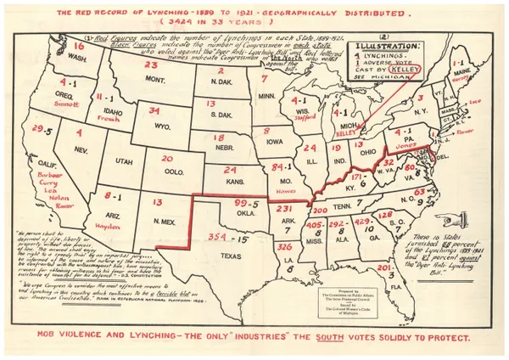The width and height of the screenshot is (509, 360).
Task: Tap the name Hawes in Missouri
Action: click(x=276, y=192)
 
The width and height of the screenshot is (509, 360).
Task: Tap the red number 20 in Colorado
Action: click(x=167, y=159)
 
